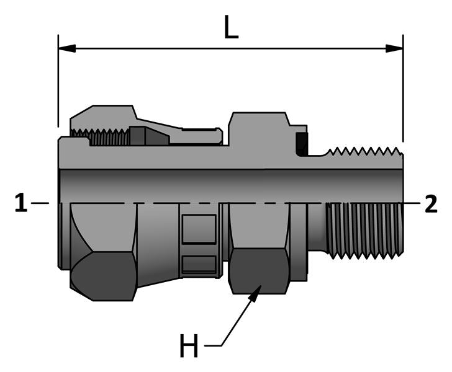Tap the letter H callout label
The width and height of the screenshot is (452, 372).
click(189, 347)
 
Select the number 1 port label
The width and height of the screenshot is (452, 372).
click(21, 203)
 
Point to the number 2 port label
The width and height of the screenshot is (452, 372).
click(431, 203)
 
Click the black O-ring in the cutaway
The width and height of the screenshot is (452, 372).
click(302, 145)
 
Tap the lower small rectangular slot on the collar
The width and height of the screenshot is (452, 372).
click(199, 264)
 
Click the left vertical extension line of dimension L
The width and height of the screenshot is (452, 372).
click(58, 81)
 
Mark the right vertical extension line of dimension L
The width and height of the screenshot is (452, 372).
click(403, 87)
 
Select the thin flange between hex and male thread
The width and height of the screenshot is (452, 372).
click(299, 242)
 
